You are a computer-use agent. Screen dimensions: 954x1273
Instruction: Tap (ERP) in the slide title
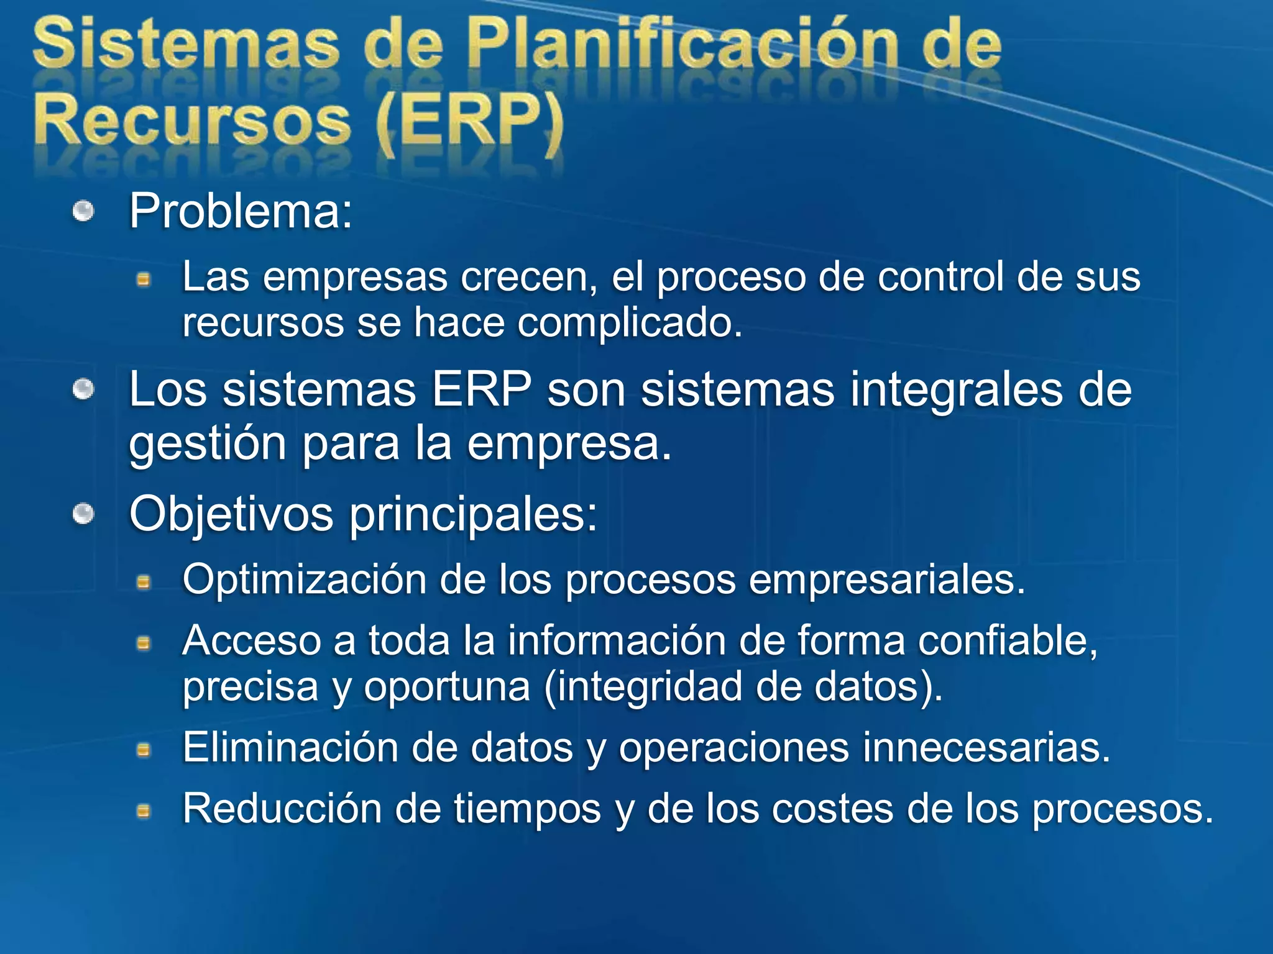tap(470, 121)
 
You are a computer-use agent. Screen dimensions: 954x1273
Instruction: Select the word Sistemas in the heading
tap(186, 45)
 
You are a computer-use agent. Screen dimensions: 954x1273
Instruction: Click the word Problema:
tap(241, 212)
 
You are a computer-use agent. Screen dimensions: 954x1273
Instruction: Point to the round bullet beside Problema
tap(83, 212)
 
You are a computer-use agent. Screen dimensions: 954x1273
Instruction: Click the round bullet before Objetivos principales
tap(83, 514)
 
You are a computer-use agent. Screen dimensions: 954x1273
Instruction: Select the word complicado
tap(629, 323)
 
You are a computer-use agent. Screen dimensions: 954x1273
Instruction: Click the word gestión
tap(208, 445)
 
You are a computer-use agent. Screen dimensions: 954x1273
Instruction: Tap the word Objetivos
tap(231, 514)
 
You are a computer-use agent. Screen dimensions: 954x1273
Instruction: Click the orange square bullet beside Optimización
tap(144, 583)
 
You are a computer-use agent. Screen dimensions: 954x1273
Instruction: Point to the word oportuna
tap(447, 688)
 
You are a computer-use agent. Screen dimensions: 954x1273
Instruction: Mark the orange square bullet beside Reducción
tap(144, 811)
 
